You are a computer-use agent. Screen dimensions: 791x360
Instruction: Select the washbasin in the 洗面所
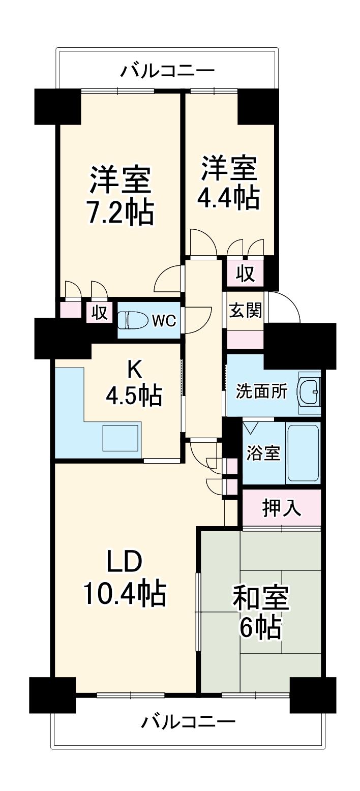pos(309,392)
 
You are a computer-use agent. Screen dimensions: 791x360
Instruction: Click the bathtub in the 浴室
pos(303,452)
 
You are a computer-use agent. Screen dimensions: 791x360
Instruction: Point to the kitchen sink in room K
pos(121,438)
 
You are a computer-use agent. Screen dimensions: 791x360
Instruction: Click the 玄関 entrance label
pos(245,311)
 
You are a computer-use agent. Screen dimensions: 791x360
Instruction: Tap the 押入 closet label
pos(281,508)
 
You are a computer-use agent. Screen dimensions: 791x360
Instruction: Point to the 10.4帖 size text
pos(125,593)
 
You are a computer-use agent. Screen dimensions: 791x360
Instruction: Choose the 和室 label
pos(261,598)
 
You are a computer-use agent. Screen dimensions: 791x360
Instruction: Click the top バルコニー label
pos(167,71)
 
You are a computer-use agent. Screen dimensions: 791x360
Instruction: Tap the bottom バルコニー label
pos(188,722)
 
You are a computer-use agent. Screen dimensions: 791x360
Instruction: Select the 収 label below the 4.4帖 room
pos(245,275)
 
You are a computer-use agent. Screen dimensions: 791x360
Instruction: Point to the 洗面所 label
pos(261,392)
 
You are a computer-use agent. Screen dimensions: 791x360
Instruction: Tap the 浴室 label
pos(263,453)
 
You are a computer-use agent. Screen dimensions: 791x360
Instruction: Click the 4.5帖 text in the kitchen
pos(134,396)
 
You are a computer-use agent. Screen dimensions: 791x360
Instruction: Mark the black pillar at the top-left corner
pos(57,107)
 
